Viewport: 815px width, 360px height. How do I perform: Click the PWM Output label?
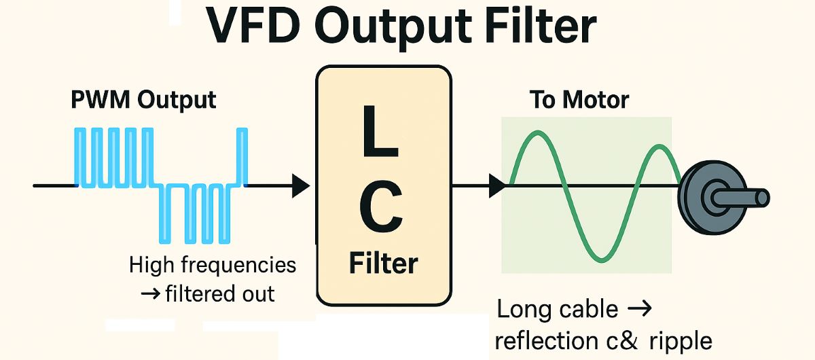(143, 100)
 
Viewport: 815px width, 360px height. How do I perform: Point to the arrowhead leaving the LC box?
(496, 185)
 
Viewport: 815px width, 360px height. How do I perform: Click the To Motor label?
(579, 101)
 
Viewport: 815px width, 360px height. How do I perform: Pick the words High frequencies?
(213, 264)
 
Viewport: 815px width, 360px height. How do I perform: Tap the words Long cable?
(558, 310)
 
